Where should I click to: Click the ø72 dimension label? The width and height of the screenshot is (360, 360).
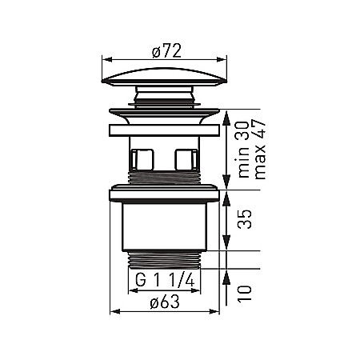coord(166,51)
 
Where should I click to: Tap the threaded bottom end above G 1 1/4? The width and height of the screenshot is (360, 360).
coord(165,259)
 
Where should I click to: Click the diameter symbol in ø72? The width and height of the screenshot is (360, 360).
coord(154,51)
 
